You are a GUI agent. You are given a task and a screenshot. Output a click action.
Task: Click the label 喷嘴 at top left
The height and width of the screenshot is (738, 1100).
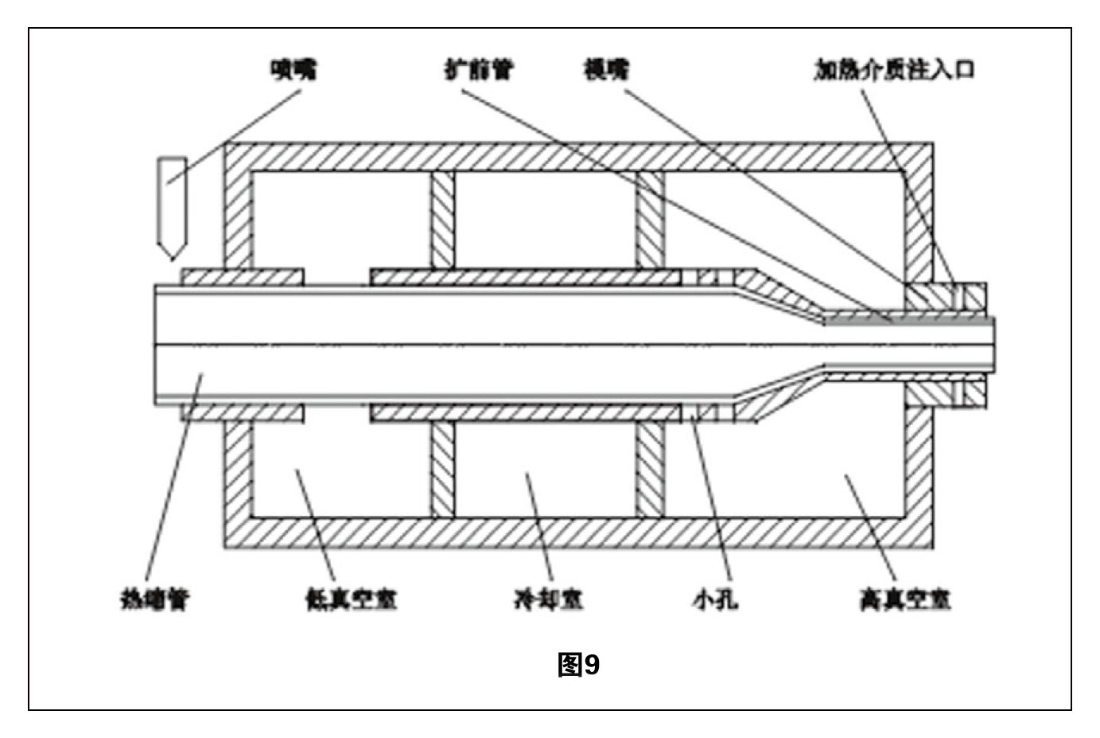(x=293, y=70)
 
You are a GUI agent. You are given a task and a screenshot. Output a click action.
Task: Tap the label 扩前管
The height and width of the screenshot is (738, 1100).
(x=478, y=70)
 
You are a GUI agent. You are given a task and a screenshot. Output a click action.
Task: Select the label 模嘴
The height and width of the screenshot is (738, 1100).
(x=606, y=70)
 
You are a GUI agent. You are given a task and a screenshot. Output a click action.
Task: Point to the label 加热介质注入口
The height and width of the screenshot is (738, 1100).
(x=893, y=70)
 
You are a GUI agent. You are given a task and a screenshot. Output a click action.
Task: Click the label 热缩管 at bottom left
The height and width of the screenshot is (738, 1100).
(x=154, y=599)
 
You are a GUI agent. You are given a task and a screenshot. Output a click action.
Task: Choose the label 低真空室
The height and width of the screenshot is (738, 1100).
(x=351, y=599)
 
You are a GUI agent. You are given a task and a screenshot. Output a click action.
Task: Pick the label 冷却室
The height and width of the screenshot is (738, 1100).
(x=548, y=599)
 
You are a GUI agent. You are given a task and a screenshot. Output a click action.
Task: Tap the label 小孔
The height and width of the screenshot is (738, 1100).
(x=715, y=599)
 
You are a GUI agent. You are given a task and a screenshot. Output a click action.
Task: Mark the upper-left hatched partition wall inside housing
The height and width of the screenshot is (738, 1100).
(x=442, y=219)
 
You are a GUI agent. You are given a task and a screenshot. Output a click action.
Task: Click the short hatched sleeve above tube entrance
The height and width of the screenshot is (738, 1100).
(x=243, y=276)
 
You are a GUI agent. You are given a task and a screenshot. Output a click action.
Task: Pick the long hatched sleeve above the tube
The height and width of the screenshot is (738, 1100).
(x=525, y=276)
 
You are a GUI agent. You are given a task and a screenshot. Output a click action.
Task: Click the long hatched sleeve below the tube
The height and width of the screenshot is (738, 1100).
(x=525, y=412)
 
